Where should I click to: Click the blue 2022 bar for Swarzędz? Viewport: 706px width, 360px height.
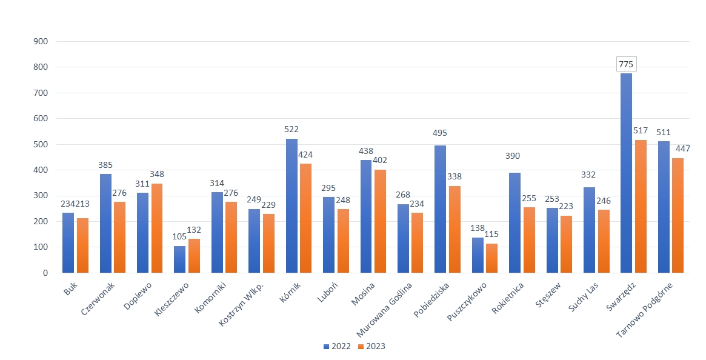(626, 173)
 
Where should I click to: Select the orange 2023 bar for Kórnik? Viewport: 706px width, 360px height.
(306, 218)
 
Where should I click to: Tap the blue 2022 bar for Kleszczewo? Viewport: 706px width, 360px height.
(180, 259)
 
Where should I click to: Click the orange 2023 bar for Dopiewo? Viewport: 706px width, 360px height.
(157, 228)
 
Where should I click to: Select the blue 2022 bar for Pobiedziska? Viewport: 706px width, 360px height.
(441, 209)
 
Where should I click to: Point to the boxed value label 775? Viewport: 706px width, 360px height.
(626, 64)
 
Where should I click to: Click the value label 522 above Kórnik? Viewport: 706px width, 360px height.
(291, 129)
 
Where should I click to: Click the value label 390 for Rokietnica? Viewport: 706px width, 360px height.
(515, 156)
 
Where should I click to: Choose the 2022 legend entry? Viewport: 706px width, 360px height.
(337, 346)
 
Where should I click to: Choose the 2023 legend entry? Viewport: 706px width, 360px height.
(371, 346)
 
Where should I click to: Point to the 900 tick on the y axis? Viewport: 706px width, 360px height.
(41, 42)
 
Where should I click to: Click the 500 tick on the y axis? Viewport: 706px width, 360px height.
(41, 144)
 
